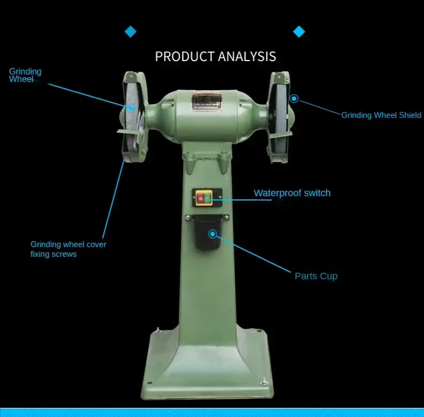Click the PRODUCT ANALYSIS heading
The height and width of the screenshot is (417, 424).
pyautogui.click(x=216, y=56)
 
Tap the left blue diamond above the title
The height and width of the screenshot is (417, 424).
pyautogui.click(x=130, y=32)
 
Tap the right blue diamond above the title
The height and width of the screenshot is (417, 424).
pyautogui.click(x=299, y=32)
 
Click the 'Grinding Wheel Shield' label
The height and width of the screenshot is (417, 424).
pyautogui.click(x=381, y=115)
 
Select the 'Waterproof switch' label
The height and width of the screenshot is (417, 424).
pyautogui.click(x=292, y=193)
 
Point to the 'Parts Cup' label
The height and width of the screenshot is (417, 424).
pyautogui.click(x=316, y=276)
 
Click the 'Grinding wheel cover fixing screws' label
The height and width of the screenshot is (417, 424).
pyautogui.click(x=68, y=249)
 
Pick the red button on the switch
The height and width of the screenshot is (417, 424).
pyautogui.click(x=200, y=198)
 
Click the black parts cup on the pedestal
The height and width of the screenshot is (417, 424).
pyautogui.click(x=207, y=233)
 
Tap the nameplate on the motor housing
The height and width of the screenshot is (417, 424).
pyautogui.click(x=207, y=102)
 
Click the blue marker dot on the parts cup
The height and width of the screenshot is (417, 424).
pyautogui.click(x=213, y=234)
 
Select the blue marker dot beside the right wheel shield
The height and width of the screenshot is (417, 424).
pyautogui.click(x=294, y=99)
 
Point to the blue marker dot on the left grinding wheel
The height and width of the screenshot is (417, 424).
pyautogui.click(x=131, y=108)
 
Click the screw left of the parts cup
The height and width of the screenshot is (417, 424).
pyautogui.click(x=188, y=218)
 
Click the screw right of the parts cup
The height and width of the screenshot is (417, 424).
pyautogui.click(x=226, y=217)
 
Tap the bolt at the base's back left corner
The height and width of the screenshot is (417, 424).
pyautogui.click(x=158, y=330)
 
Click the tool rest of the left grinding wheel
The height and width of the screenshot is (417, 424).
pyautogui.click(x=130, y=131)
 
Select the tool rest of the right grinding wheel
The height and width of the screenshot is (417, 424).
pyautogui.click(x=281, y=135)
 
